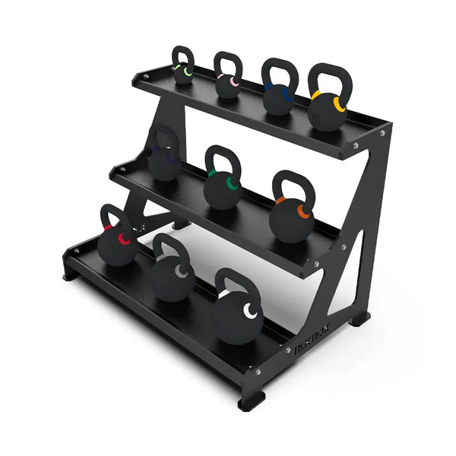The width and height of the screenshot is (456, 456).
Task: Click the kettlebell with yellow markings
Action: point(326,110)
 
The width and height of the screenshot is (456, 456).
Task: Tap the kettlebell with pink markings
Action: point(227,85)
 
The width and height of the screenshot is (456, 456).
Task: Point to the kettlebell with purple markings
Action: point(164,163)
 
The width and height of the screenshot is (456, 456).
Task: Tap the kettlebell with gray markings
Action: point(172,277)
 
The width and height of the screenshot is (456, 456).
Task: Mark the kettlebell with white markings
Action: point(236,315)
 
